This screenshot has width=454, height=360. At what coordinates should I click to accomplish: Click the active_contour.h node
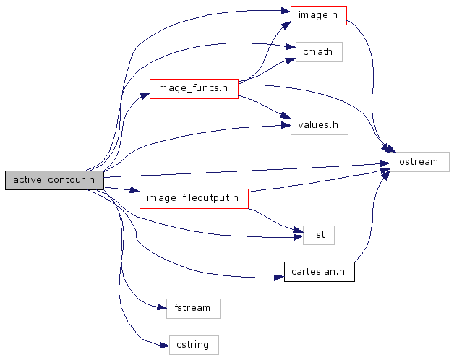pos(54,181)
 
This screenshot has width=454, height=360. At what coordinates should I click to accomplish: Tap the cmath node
pos(318,53)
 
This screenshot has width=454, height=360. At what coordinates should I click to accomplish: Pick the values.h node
pos(319,125)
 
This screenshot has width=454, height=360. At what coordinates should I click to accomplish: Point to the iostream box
pos(419,162)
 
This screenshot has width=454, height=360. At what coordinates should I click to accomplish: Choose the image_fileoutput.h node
pos(194,198)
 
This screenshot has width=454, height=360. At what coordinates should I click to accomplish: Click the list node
pos(317,234)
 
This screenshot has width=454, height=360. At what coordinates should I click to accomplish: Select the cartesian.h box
pos(319,272)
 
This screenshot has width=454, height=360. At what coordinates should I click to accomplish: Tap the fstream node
pos(192,308)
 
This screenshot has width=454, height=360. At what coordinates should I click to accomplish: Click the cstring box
pos(192,344)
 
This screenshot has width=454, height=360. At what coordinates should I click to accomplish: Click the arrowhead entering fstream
pos(161,308)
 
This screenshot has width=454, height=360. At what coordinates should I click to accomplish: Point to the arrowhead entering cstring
pos(163,344)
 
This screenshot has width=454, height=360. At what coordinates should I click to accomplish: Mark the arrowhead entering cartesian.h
pos(279,277)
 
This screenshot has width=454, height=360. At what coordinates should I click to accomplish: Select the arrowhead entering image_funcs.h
pos(145,94)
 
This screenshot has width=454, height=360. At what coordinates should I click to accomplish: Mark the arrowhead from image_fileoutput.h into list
pos(296,230)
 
